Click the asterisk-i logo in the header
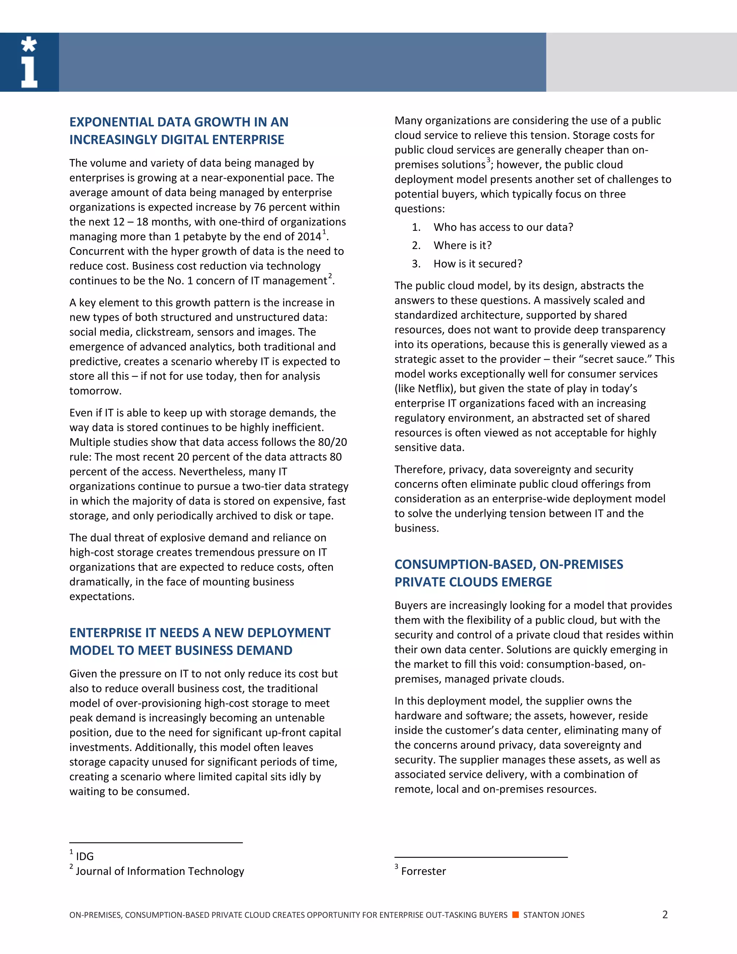[x=29, y=62]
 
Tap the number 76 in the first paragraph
[x=260, y=207]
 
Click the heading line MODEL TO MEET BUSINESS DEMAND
[x=181, y=651]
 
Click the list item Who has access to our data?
[x=503, y=227]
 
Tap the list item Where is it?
[x=462, y=246]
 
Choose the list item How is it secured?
[x=478, y=264]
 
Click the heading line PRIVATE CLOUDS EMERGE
[x=473, y=582]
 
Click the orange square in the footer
[x=515, y=915]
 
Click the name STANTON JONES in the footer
[x=553, y=915]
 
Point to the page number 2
[x=665, y=914]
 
